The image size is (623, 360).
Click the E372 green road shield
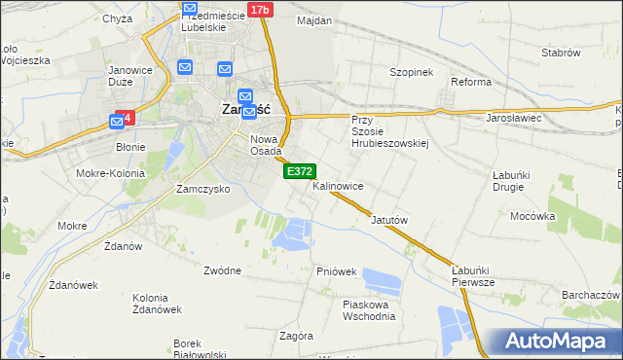point(299,171)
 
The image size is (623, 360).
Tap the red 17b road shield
point(259,10)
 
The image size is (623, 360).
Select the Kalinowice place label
point(338,185)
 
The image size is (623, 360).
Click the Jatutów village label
point(389,220)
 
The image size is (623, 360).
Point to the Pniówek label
point(336,271)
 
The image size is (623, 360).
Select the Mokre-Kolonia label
point(115,173)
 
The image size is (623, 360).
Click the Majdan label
point(314,20)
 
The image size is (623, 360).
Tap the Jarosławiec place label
point(513,118)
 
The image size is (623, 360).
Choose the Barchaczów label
point(591,294)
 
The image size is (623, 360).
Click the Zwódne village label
point(223,270)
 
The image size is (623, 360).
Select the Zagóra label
point(296,336)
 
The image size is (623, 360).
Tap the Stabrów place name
point(561,53)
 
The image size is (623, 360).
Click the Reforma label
point(470,82)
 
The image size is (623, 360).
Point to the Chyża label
point(117,18)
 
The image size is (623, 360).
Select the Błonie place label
point(130,147)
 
